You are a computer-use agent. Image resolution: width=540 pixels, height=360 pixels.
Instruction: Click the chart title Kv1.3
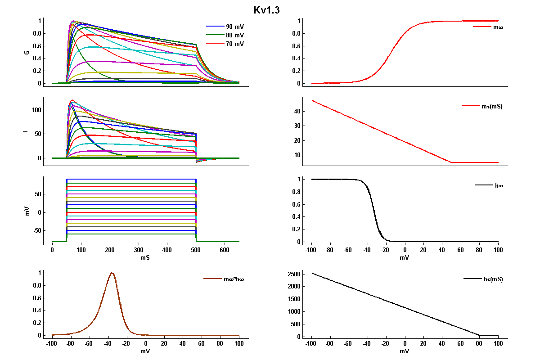(x=267, y=10)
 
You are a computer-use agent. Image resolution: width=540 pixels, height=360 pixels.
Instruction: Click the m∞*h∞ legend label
(x=234, y=279)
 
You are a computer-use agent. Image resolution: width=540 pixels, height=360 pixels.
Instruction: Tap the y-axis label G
(x=27, y=52)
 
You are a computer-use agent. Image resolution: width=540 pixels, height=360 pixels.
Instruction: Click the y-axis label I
(x=28, y=132)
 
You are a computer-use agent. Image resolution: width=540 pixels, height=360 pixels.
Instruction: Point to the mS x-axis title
(x=145, y=258)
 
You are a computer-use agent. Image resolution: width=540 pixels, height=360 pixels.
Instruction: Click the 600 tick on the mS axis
(x=225, y=250)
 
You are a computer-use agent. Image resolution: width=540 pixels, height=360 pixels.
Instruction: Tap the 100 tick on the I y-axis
(x=36, y=110)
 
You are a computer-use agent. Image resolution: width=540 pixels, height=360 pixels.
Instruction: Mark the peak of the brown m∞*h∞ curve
(x=112, y=273)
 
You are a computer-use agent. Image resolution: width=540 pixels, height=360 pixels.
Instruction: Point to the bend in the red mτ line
(x=451, y=162)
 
